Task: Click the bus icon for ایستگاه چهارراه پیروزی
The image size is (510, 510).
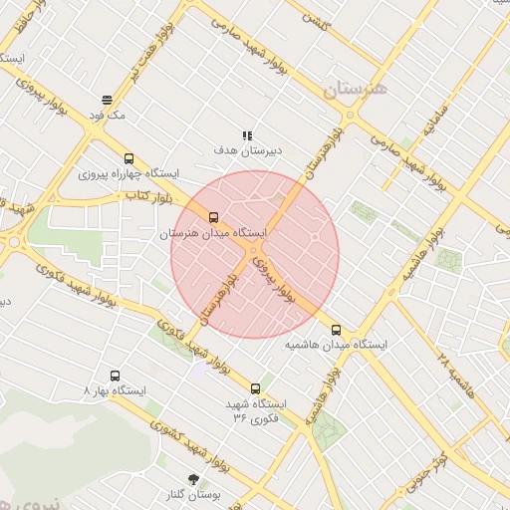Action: click(128, 158)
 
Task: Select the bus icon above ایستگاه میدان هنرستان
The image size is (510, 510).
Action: click(213, 217)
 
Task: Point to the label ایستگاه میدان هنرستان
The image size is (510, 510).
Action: click(214, 233)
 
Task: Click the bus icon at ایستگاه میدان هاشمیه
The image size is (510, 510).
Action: click(336, 329)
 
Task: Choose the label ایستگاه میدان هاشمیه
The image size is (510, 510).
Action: click(336, 345)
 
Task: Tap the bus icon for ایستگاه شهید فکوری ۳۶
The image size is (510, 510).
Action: click(256, 388)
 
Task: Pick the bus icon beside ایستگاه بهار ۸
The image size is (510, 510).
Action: click(116, 377)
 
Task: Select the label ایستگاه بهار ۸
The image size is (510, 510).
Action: click(115, 391)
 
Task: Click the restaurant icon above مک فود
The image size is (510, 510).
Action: click(107, 100)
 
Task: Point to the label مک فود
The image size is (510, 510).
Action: click(108, 116)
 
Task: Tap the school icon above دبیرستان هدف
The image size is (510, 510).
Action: click(247, 135)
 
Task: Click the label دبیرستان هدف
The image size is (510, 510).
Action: click(248, 150)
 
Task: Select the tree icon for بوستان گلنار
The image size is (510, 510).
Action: click(193, 479)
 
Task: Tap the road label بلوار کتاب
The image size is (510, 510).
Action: click(144, 196)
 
